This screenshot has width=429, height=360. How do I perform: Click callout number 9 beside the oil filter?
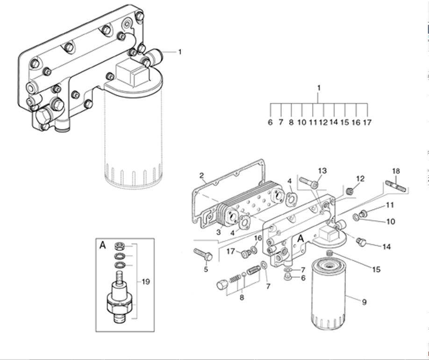[364, 302]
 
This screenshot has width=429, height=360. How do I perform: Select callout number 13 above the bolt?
[322, 171]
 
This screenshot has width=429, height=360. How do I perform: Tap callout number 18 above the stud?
[396, 171]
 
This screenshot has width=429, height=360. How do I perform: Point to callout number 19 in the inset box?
[146, 282]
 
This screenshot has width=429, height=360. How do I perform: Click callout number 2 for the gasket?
[201, 175]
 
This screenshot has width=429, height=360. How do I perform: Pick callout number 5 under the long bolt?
[206, 269]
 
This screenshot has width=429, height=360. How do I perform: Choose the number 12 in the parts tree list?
[323, 122]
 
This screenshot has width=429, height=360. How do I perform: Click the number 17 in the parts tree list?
[367, 122]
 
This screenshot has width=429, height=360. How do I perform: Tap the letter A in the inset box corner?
[103, 245]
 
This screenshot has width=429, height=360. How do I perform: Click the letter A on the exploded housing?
[300, 239]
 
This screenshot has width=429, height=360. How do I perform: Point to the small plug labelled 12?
[350, 190]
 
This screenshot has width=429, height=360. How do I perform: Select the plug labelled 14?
[361, 242]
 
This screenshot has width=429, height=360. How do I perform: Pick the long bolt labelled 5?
[203, 254]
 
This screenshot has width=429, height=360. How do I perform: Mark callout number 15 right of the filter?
[376, 270]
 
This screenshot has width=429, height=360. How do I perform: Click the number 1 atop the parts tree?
[318, 88]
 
